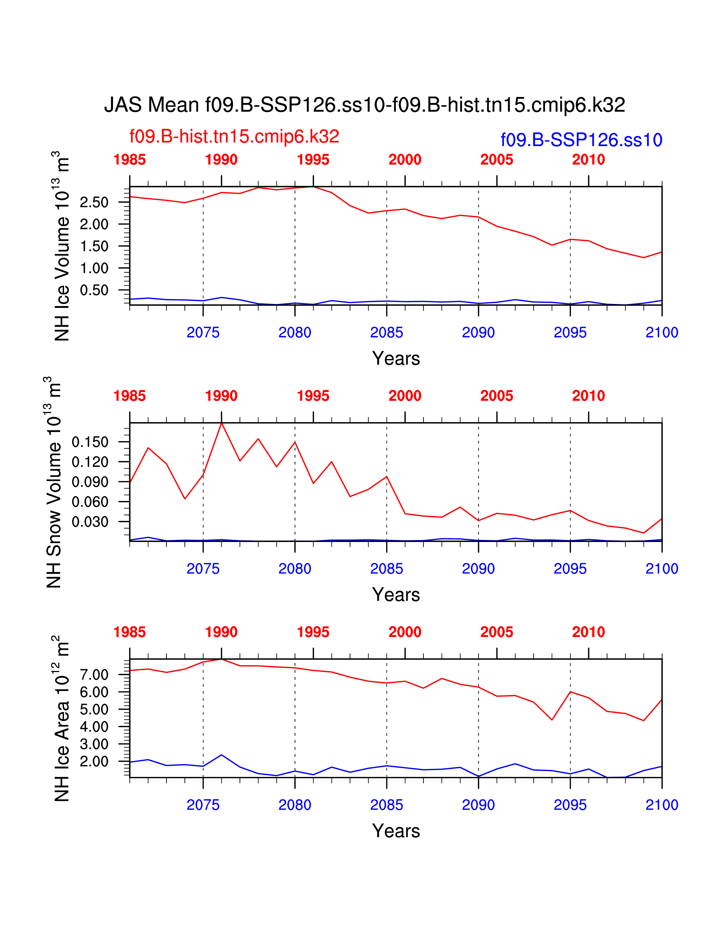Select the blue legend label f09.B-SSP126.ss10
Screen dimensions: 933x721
pyautogui.click(x=581, y=140)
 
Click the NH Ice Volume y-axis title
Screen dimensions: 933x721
pyautogui.click(x=62, y=246)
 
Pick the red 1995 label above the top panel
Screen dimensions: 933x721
pyautogui.click(x=313, y=160)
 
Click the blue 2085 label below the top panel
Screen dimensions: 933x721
pyautogui.click(x=387, y=332)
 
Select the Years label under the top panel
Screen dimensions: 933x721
pyautogui.click(x=396, y=358)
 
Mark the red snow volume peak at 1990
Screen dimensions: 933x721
pyautogui.click(x=221, y=423)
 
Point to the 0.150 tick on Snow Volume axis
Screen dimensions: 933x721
pyautogui.click(x=90, y=442)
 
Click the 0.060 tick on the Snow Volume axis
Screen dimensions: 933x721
pyautogui.click(x=90, y=502)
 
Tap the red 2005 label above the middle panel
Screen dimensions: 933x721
pyautogui.click(x=497, y=396)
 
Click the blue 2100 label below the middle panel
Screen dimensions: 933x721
pyautogui.click(x=662, y=569)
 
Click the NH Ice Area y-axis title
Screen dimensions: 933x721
pyautogui.click(x=62, y=718)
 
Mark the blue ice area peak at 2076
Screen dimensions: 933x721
pyautogui.click(x=221, y=755)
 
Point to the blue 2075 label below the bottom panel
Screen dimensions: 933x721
pyautogui.click(x=203, y=805)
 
